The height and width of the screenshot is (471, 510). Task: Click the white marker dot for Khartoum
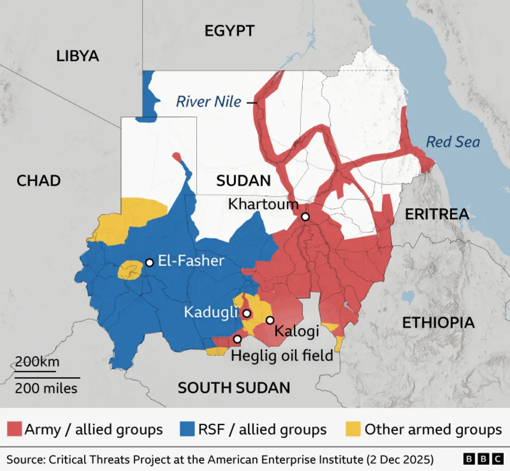pos(305,217)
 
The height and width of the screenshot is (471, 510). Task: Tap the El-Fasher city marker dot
pos(149,262)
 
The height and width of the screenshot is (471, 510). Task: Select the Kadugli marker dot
pos(246,314)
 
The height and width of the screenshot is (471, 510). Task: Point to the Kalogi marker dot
pos(270,320)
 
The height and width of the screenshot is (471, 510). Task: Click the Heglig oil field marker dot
pos(238,339)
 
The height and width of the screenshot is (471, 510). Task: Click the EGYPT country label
pos(230,31)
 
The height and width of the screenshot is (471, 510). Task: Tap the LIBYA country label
pos(78,56)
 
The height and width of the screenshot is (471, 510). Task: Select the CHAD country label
pos(39,180)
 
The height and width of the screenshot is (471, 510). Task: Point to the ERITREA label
pos(437,214)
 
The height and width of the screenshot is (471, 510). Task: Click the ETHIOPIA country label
pos(438,322)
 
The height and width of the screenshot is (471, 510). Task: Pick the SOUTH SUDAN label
pos(234,388)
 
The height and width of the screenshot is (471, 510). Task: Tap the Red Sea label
pos(453,142)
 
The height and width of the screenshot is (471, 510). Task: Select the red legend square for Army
pos(14,429)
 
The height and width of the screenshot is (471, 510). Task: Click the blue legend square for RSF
pos(186,429)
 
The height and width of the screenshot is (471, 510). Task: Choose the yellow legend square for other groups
pos(353,429)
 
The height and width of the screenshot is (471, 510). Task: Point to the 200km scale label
pos(37,362)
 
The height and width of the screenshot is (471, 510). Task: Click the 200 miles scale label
pos(46,388)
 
